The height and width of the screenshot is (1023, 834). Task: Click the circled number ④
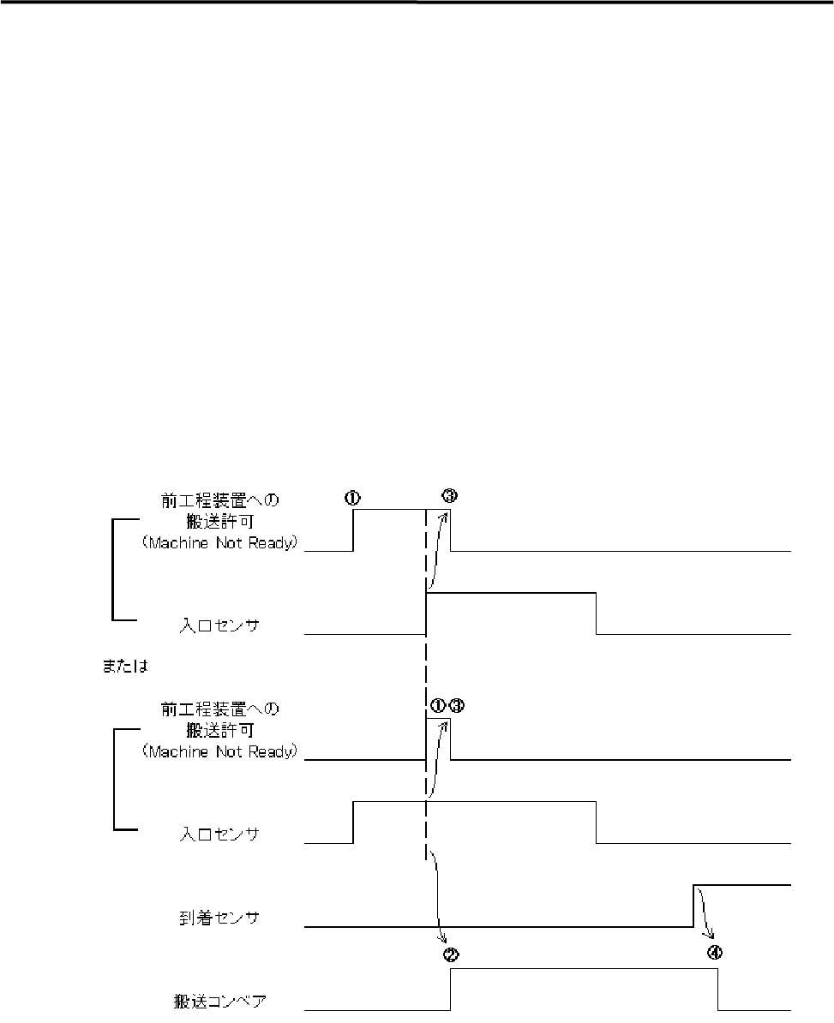pyautogui.click(x=714, y=951)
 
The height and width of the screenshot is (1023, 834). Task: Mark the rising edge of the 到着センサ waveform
pyautogui.click(x=693, y=906)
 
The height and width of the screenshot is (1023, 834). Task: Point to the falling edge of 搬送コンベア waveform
pyautogui.click(x=718, y=990)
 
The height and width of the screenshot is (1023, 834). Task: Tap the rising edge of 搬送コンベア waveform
pyautogui.click(x=451, y=990)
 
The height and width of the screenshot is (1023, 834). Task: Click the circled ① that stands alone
pyautogui.click(x=352, y=496)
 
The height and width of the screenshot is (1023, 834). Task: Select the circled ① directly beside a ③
pyautogui.click(x=437, y=706)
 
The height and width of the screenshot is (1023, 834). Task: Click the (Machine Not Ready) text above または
pyautogui.click(x=221, y=546)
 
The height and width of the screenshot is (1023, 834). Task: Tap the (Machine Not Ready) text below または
pyautogui.click(x=221, y=753)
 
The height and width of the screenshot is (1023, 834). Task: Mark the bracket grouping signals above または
pyautogui.click(x=114, y=569)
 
